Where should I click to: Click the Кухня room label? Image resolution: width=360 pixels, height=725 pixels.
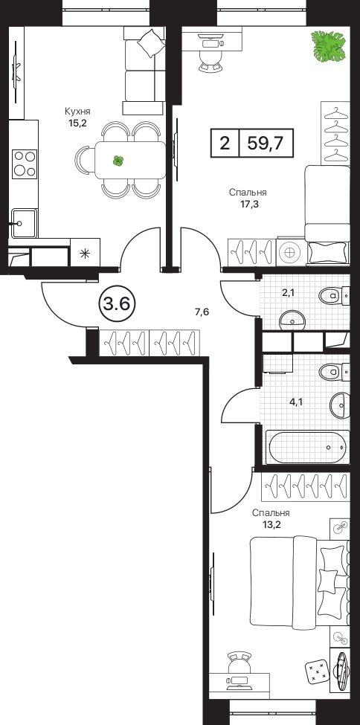[77, 112]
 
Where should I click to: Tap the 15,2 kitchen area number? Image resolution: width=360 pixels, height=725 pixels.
[77, 123]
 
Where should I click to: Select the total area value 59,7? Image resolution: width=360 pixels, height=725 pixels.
[266, 143]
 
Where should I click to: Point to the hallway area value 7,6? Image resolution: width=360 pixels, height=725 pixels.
[202, 312]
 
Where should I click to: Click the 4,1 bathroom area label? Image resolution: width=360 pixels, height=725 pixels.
[296, 402]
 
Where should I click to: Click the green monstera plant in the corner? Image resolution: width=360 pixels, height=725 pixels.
[328, 46]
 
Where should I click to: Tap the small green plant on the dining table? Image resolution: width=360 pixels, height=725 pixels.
[118, 161]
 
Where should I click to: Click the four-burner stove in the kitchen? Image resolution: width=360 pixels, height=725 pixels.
[24, 164]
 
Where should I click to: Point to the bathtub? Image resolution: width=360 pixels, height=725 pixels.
[307, 447]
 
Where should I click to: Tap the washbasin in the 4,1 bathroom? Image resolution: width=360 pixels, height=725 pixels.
[340, 405]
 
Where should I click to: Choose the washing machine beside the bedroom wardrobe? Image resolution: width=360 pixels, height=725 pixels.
[289, 253]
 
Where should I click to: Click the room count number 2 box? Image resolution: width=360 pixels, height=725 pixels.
[225, 143]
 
